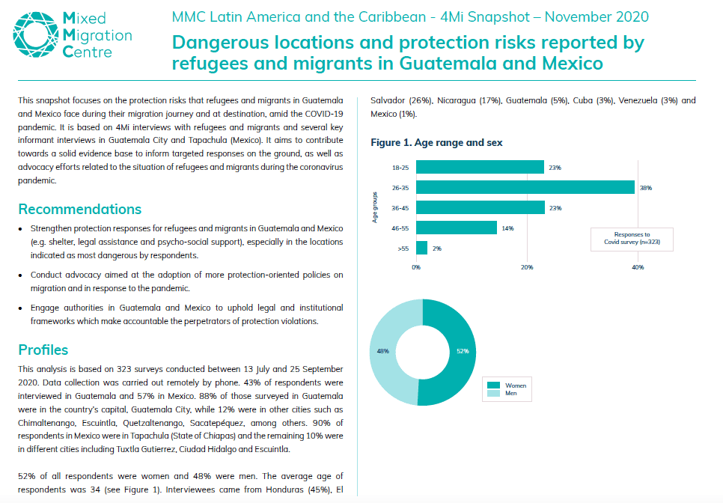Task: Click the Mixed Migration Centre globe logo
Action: point(36,34)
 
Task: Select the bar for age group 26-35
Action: point(525,187)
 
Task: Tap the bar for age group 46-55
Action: point(457,228)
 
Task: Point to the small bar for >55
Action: point(421,248)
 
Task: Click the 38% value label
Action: point(645,188)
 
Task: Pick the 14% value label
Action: point(507,228)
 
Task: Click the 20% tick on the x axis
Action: point(527,267)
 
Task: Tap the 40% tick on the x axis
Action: point(638,267)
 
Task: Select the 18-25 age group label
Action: point(400,168)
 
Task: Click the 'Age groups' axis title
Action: point(374,207)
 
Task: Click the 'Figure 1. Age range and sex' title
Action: point(436,142)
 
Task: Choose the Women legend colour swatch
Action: point(493,385)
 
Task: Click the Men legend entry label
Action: point(511,393)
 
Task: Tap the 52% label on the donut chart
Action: point(463,351)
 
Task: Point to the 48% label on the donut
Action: point(382,351)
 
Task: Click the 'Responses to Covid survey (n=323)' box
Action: point(632,240)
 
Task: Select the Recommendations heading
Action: point(80,210)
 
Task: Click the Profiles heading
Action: point(43,350)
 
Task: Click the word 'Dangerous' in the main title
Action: point(220,43)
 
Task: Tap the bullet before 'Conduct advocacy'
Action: point(20,275)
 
